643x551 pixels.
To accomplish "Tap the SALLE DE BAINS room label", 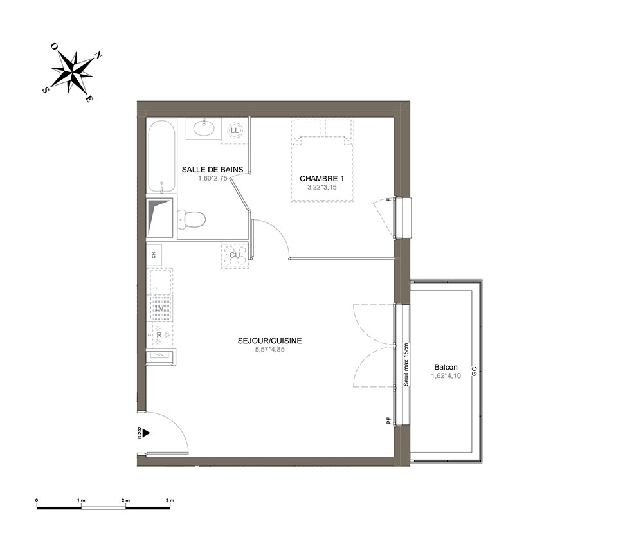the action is pyautogui.click(x=212, y=169).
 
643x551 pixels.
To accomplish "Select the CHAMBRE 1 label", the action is pyautogui.click(x=322, y=178).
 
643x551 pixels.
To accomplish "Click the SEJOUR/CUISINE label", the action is pyautogui.click(x=269, y=341).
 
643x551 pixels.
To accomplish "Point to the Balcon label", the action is pyautogui.click(x=446, y=367).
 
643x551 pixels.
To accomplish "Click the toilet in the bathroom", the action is pyautogui.click(x=191, y=219).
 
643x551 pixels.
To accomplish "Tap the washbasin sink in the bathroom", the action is pyautogui.click(x=204, y=129).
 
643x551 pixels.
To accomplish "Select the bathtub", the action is pyautogui.click(x=162, y=156).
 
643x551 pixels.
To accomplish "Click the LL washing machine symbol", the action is pyautogui.click(x=235, y=131).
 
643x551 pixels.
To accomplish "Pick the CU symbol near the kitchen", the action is pyautogui.click(x=235, y=255).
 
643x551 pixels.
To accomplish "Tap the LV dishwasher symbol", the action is pyautogui.click(x=159, y=308).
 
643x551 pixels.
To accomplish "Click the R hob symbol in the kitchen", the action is pyautogui.click(x=159, y=334).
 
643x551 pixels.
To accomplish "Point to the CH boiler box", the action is pyautogui.click(x=154, y=255).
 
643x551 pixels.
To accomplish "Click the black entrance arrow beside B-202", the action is pyautogui.click(x=147, y=433).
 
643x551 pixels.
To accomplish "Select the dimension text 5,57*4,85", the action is pyautogui.click(x=269, y=350).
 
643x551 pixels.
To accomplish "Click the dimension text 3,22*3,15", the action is pyautogui.click(x=322, y=187).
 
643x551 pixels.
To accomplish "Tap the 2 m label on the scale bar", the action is pyautogui.click(x=125, y=501).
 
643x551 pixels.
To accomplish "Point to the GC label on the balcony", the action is pyautogui.click(x=474, y=372).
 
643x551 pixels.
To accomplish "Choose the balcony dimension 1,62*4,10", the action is pyautogui.click(x=446, y=375).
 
